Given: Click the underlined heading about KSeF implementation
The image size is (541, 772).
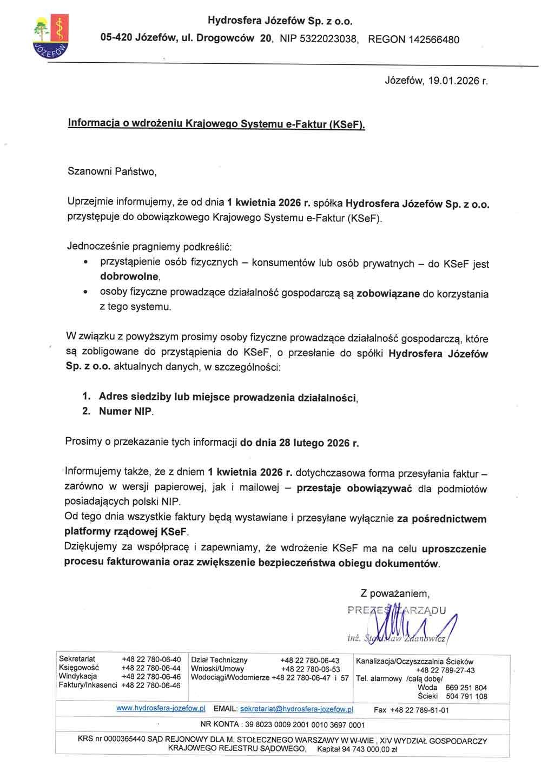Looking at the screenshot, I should [x=216, y=124].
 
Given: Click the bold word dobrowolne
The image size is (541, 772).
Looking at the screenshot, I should [x=130, y=276].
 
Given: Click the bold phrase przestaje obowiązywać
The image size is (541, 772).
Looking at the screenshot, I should [x=354, y=488].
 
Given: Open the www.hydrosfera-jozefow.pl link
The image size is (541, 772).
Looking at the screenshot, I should [x=161, y=708].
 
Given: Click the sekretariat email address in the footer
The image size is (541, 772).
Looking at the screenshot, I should [x=296, y=709].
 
